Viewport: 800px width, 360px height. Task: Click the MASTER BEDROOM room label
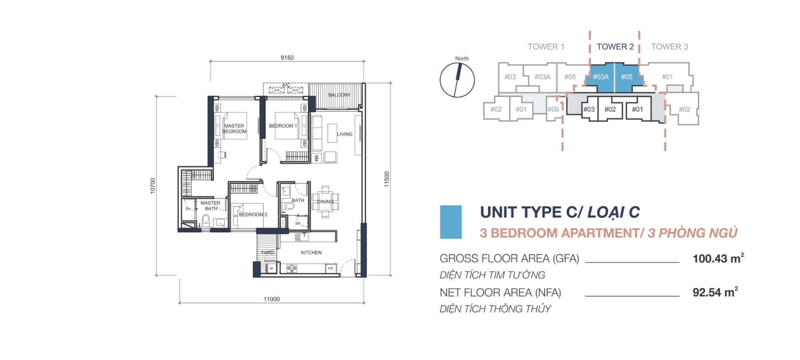click(234, 128)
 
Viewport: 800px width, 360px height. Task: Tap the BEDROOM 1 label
click(283, 126)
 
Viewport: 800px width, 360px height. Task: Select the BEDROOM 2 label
click(253, 214)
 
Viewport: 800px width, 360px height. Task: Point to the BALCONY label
click(339, 95)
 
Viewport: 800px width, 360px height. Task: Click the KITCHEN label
click(311, 252)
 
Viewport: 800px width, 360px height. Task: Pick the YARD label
click(267, 252)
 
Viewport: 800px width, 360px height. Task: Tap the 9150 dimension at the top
click(287, 58)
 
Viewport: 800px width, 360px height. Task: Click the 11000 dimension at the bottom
click(272, 299)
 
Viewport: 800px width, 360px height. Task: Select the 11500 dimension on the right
click(386, 179)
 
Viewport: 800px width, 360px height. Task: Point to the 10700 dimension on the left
click(152, 186)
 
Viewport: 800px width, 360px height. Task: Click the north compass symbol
click(457, 80)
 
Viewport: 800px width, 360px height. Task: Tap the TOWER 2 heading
click(615, 46)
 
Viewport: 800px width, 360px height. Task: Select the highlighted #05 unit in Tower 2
click(628, 76)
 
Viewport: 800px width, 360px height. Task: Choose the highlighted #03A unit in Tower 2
click(600, 76)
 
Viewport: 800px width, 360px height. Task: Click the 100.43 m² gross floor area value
click(718, 258)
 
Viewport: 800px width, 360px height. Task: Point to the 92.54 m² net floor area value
click(715, 292)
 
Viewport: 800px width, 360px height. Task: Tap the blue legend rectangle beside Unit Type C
click(451, 222)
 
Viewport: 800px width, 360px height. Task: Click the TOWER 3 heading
click(670, 46)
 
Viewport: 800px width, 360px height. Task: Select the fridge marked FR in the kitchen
click(331, 268)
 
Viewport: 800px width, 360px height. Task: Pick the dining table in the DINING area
click(325, 202)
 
